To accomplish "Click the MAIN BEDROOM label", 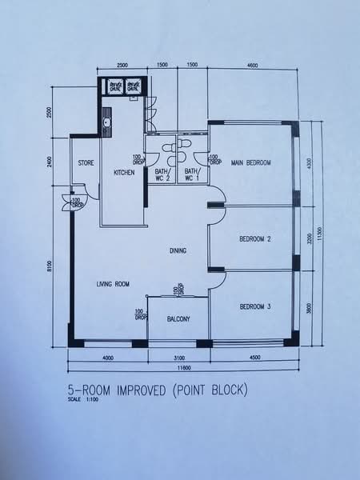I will click(x=251, y=163).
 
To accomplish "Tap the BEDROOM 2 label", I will click(x=255, y=239).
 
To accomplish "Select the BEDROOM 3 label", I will click(x=255, y=306).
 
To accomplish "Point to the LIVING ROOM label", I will click(x=114, y=284).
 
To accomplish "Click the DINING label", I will click(x=178, y=250).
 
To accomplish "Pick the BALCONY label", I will click(x=178, y=320).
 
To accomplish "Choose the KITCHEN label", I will click(x=123, y=173).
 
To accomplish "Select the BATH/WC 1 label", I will click(x=191, y=174).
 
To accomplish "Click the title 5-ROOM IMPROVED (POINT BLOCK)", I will click(x=158, y=390).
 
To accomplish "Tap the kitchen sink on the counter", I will click(x=106, y=123).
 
